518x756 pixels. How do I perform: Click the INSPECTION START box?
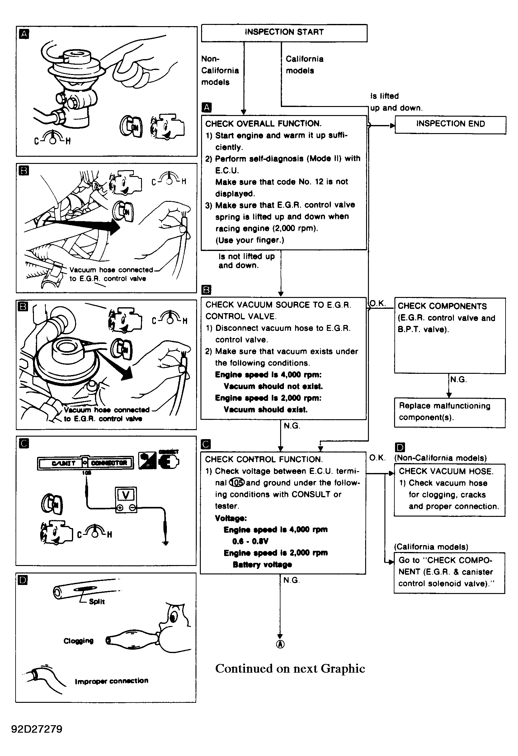284,33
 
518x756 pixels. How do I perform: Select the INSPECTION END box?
450,124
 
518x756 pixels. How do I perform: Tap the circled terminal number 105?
237,483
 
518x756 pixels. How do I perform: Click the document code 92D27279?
37,729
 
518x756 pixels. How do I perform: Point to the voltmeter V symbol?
126,495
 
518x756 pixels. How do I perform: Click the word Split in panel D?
97,601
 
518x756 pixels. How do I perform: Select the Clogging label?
78,641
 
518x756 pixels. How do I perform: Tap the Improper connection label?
111,680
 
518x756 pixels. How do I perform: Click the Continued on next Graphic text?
290,669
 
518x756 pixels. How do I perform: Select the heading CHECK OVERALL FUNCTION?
263,123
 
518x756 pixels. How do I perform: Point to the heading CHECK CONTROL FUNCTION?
264,459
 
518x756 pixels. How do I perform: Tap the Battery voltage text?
262,564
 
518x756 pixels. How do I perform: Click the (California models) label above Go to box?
431,546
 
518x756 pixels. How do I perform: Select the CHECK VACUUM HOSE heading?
446,471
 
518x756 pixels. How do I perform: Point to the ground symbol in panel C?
165,543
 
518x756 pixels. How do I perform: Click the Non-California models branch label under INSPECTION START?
220,71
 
